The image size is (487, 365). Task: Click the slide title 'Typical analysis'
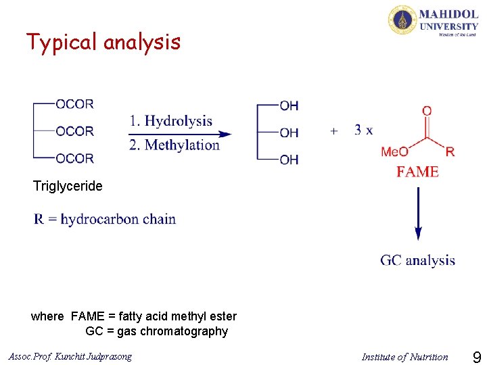[103, 43]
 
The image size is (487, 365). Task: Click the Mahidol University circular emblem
[402, 20]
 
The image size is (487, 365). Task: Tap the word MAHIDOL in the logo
[448, 14]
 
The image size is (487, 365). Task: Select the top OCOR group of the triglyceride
[74, 104]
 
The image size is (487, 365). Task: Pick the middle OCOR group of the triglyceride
[74, 131]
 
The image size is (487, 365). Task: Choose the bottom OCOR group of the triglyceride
[74, 158]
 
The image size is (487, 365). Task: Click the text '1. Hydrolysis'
[170, 122]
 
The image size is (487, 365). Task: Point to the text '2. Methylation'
[175, 145]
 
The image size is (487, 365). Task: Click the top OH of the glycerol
[289, 105]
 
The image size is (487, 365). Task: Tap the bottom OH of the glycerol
[289, 160]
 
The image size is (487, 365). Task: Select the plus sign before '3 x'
[334, 130]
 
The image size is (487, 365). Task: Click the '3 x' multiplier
[363, 130]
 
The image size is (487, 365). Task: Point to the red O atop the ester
[427, 111]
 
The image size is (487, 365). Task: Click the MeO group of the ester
[394, 151]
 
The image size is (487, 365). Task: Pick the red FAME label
[417, 172]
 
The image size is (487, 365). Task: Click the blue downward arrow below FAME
[418, 213]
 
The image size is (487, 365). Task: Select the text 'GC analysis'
[417, 260]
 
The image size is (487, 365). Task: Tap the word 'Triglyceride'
[68, 186]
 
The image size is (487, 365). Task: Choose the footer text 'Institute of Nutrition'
[404, 357]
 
